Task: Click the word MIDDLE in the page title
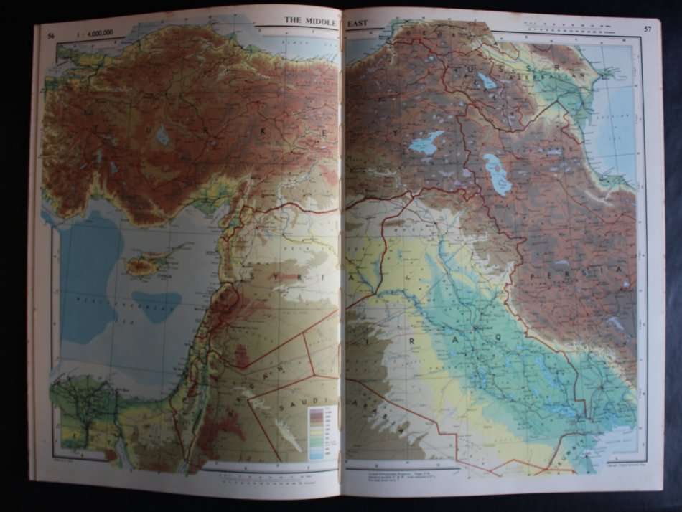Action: tap(320, 21)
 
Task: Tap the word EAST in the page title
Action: tap(357, 23)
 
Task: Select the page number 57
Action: tap(648, 29)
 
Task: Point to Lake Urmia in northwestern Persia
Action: tap(497, 175)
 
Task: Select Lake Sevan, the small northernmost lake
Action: tap(487, 81)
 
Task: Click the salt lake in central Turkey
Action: tap(163, 135)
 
